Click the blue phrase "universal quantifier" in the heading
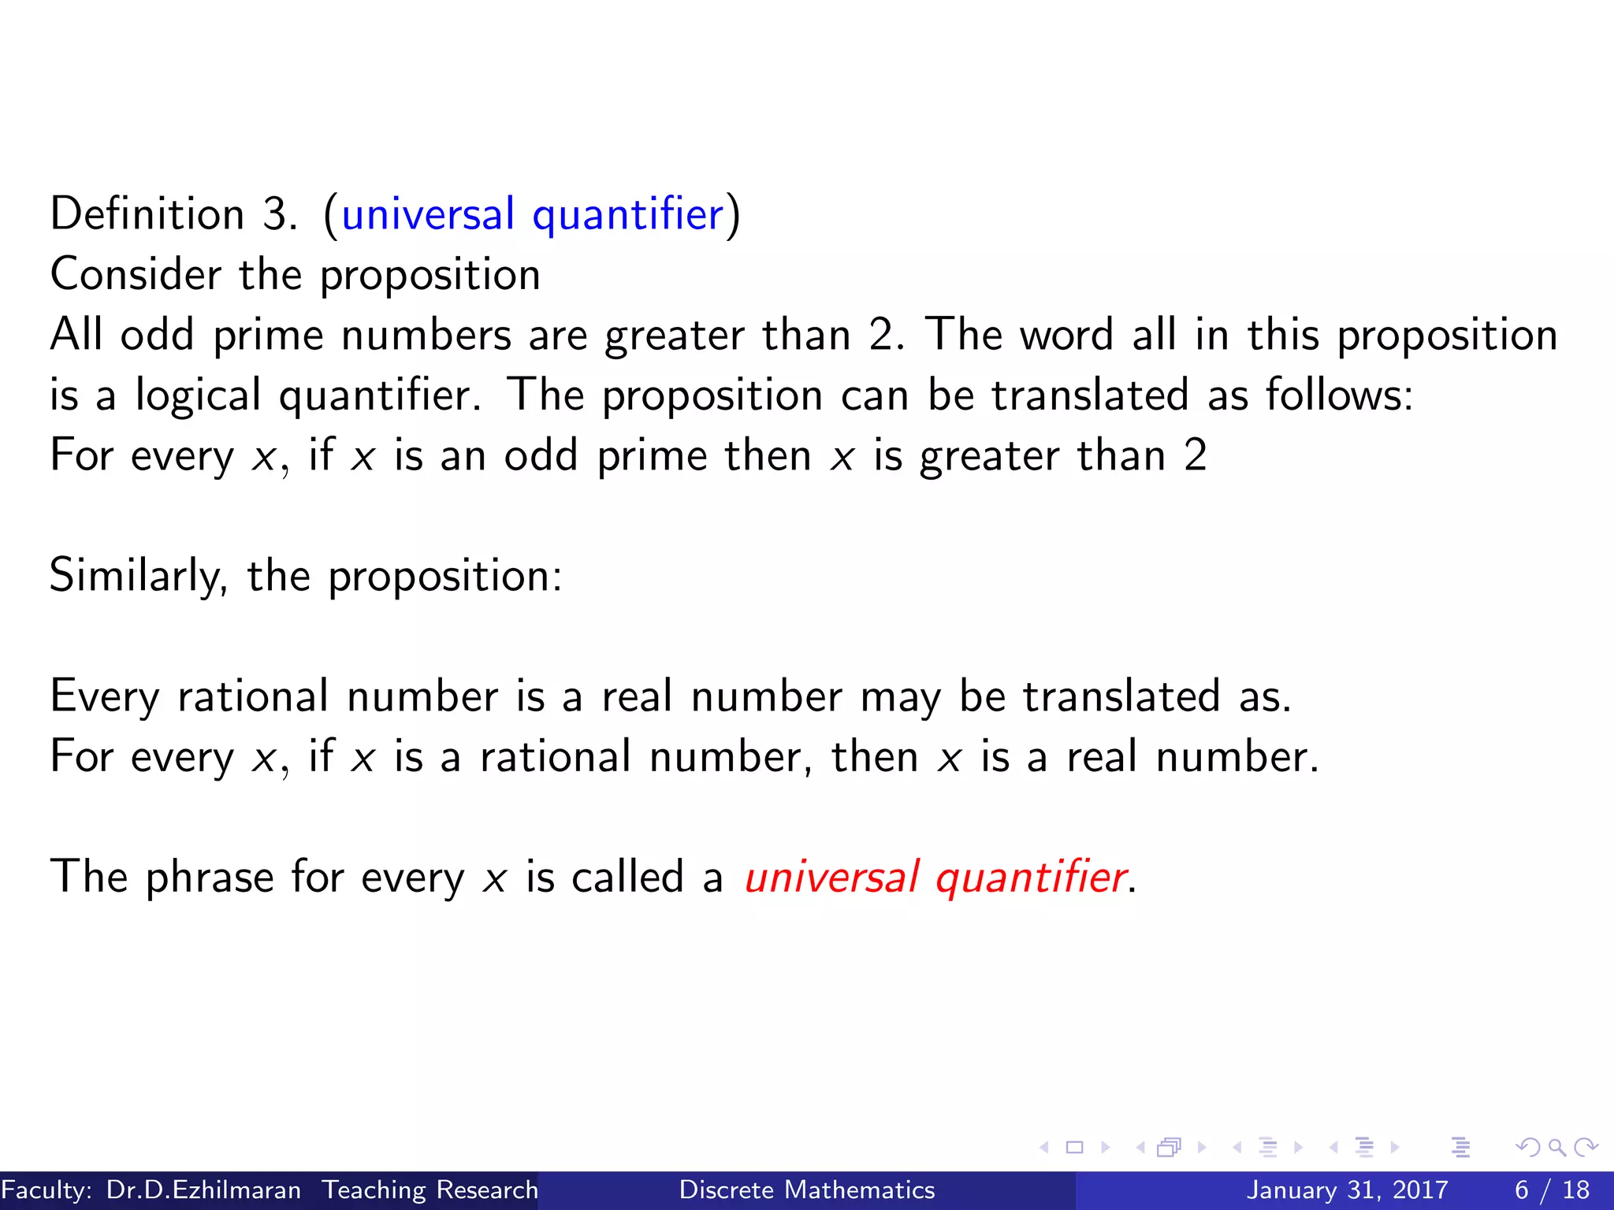coord(533,214)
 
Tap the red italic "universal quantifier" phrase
coord(935,877)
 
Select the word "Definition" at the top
coord(147,214)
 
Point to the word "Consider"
coord(136,274)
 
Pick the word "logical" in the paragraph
coord(198,395)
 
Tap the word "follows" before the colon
coord(1334,395)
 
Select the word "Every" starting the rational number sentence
coord(105,696)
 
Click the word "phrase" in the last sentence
coord(210,877)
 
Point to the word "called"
coord(627,877)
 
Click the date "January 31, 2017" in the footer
coord(1347,1190)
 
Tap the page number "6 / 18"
coord(1552,1190)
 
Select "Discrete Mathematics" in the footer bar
coord(807,1190)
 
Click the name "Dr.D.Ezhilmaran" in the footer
coord(203,1190)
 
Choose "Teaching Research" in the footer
coord(430,1190)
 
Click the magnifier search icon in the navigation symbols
coord(1556,1148)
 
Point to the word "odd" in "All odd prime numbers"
coord(157,335)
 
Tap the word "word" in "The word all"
coord(1067,335)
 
